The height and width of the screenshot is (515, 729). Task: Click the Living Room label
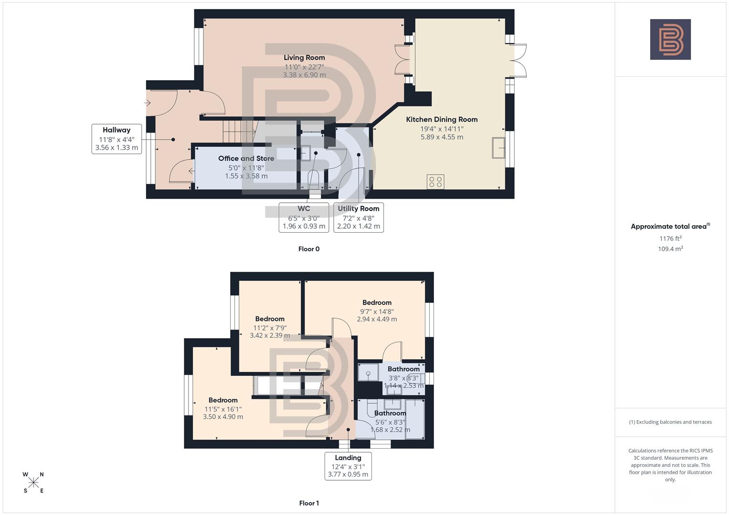(x=304, y=58)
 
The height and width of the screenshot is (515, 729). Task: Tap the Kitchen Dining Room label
(x=442, y=120)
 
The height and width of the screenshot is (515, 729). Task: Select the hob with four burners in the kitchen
(x=435, y=182)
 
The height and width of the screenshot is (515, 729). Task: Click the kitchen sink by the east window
(x=499, y=148)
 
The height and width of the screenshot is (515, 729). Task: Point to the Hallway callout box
(x=116, y=139)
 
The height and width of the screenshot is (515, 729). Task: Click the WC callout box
(x=304, y=217)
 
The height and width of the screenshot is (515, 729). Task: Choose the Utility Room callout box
(x=359, y=217)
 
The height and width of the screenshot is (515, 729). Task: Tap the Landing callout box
(x=348, y=466)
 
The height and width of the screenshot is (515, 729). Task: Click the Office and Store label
(x=246, y=158)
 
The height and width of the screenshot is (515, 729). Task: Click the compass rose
(x=33, y=483)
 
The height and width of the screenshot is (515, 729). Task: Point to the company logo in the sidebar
(x=670, y=40)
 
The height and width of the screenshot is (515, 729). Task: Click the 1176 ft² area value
(x=670, y=238)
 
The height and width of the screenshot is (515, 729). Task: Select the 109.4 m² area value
(x=670, y=249)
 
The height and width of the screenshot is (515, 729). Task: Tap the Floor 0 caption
(x=309, y=249)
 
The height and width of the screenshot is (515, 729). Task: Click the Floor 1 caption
(x=309, y=503)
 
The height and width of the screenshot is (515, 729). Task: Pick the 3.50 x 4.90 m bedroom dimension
(x=223, y=417)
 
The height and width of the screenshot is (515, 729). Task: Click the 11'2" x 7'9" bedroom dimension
(x=270, y=328)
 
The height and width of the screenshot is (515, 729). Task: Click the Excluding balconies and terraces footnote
(x=670, y=422)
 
